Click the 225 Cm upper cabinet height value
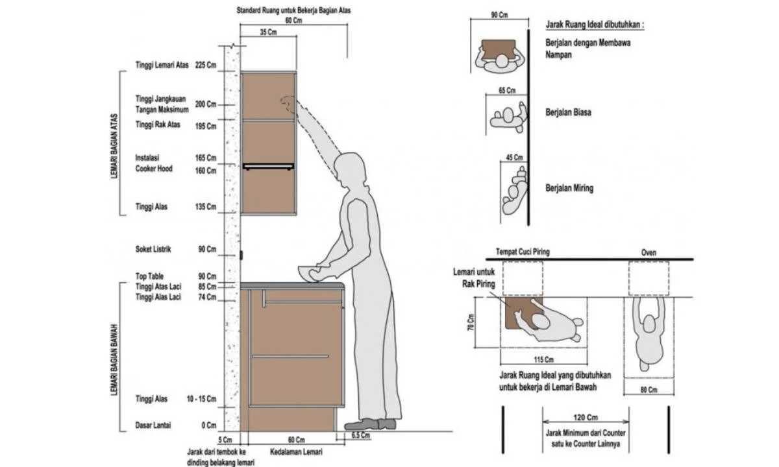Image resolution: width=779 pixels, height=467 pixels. pos(206,65)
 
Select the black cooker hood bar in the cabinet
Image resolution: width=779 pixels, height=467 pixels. pos(268,167)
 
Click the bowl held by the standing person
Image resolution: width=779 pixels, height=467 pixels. pos(308,272)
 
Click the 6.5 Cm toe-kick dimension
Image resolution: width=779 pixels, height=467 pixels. pos(361,435)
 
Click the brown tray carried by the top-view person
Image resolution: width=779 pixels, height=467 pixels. pos(499,49)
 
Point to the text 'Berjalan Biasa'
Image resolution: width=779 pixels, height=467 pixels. pos(568,112)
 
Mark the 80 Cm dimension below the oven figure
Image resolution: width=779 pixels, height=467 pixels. pos(648,390)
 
